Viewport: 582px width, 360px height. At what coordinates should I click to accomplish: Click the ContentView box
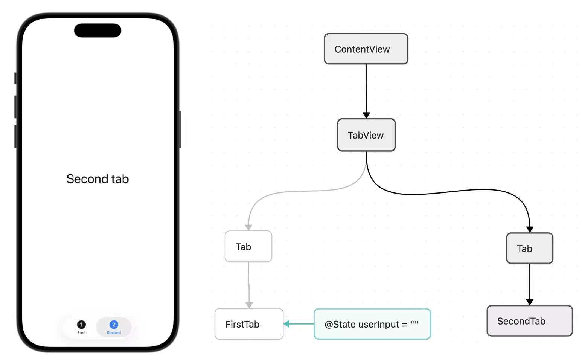tap(366, 49)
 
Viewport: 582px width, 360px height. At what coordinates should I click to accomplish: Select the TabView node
tap(366, 135)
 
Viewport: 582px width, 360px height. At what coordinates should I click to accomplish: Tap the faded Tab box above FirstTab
tap(248, 247)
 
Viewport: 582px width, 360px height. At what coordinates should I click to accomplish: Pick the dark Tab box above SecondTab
tap(530, 249)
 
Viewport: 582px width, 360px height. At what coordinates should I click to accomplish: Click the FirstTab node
tap(249, 324)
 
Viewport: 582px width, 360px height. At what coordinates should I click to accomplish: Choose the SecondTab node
tap(530, 321)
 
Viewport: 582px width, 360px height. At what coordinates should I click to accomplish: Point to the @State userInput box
tap(372, 324)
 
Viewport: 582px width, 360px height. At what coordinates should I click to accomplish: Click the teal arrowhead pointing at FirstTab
tap(287, 324)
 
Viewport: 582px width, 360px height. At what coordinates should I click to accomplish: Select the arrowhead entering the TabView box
tap(366, 115)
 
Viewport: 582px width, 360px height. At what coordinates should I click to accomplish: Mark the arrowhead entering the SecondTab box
tap(530, 302)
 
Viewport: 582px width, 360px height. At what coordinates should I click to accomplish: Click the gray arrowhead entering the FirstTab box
tap(249, 305)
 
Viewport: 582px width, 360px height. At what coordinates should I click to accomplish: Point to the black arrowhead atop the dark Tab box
tap(530, 229)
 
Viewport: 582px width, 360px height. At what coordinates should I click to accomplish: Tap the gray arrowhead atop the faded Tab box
tap(248, 227)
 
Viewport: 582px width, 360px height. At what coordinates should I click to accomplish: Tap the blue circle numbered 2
tap(114, 324)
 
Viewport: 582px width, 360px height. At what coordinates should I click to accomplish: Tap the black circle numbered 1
tap(81, 324)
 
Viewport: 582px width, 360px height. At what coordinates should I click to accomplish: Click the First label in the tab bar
tap(81, 333)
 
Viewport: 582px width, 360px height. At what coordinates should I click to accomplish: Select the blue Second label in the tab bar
tap(114, 333)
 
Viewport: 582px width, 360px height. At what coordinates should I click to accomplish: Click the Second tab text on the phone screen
tap(98, 179)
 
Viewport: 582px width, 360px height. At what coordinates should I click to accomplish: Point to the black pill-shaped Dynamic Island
tap(98, 31)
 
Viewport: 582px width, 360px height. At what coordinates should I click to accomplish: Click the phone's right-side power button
tap(180, 129)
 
